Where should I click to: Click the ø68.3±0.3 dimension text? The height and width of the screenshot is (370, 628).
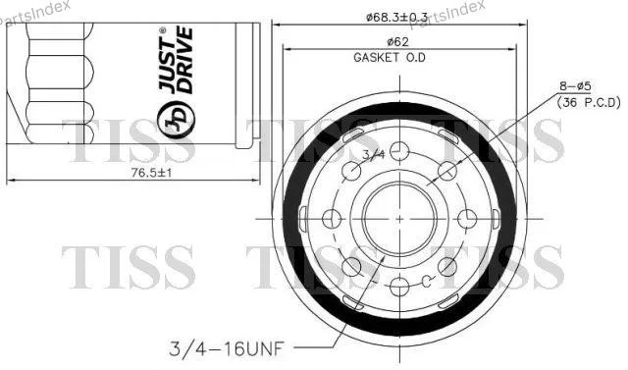click(396, 17)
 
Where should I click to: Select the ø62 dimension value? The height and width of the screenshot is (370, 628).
click(398, 41)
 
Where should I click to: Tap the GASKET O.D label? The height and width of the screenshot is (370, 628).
click(390, 58)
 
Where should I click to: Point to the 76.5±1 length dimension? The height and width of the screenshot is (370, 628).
click(151, 173)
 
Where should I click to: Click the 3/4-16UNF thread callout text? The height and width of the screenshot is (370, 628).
click(227, 348)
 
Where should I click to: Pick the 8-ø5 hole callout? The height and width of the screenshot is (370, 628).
click(575, 86)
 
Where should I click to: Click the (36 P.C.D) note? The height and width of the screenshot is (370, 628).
click(589, 103)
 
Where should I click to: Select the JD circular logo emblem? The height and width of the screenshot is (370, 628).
click(177, 119)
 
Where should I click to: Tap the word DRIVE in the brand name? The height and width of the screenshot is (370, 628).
click(185, 60)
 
